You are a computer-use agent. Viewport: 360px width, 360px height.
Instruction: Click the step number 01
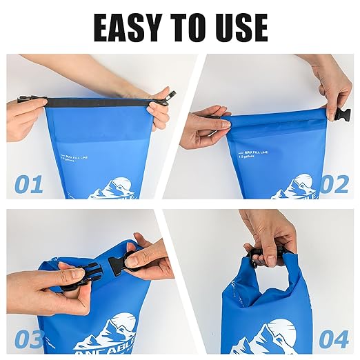[x=29, y=184]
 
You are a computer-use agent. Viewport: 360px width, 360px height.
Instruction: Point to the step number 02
[x=333, y=184]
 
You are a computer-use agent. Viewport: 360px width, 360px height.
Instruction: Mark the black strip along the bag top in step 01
[x=97, y=103]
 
